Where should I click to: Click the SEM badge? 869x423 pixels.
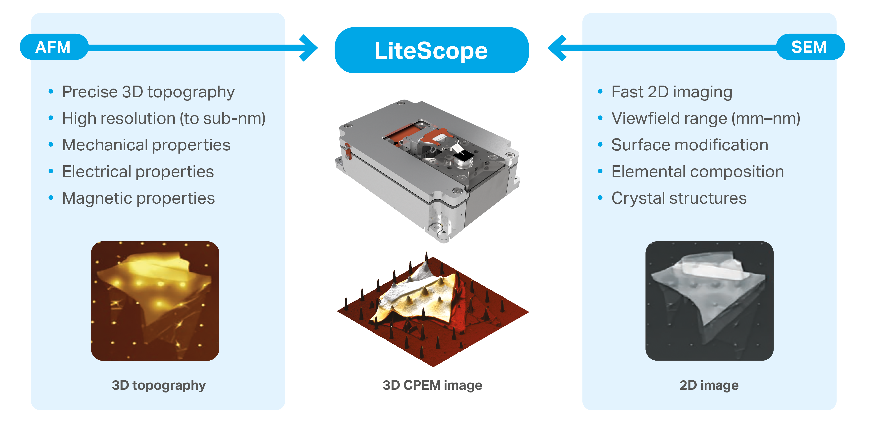810,47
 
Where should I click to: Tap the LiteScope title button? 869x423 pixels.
431,50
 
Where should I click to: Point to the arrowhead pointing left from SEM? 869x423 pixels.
557,48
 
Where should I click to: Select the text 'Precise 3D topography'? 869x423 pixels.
148,92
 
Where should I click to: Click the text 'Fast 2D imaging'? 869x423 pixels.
672,92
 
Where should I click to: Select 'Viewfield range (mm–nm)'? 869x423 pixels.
706,118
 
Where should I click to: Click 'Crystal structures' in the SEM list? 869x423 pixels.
679,198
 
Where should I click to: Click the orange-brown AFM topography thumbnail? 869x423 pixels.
155,301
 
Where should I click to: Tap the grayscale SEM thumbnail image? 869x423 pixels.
709,301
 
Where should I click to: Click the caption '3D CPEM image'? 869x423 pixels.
432,385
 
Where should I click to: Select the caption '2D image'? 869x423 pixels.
709,385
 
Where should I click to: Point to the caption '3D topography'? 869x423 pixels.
159,385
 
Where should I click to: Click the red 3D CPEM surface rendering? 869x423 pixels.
433,309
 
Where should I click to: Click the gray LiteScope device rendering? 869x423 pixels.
428,171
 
